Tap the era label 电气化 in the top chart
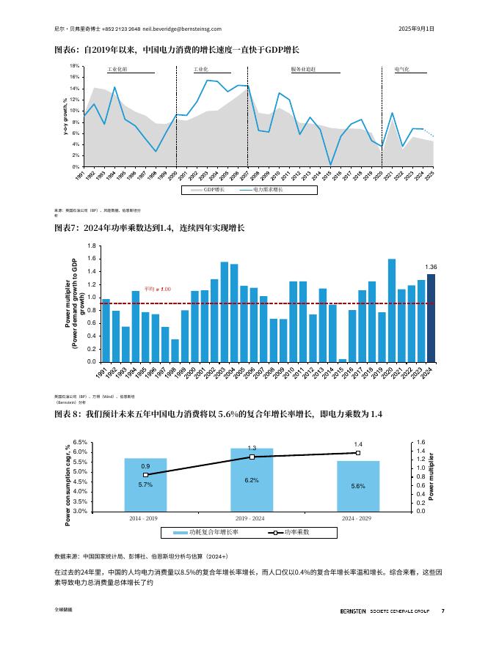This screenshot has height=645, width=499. [401, 69]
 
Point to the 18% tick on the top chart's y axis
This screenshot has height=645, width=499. [74, 65]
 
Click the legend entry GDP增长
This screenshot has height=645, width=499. [214, 190]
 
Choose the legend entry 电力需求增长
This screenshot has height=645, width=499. [267, 190]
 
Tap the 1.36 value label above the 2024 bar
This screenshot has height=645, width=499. [431, 267]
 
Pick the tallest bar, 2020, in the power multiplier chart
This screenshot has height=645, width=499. [392, 310]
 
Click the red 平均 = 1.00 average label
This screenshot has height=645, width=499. [157, 290]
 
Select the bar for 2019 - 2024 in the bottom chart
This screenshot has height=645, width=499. [251, 479]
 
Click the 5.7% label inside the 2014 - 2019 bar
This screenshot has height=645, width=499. [145, 484]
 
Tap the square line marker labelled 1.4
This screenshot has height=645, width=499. [357, 453]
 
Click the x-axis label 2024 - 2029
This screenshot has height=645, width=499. [357, 517]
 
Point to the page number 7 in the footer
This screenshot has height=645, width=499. [442, 611]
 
